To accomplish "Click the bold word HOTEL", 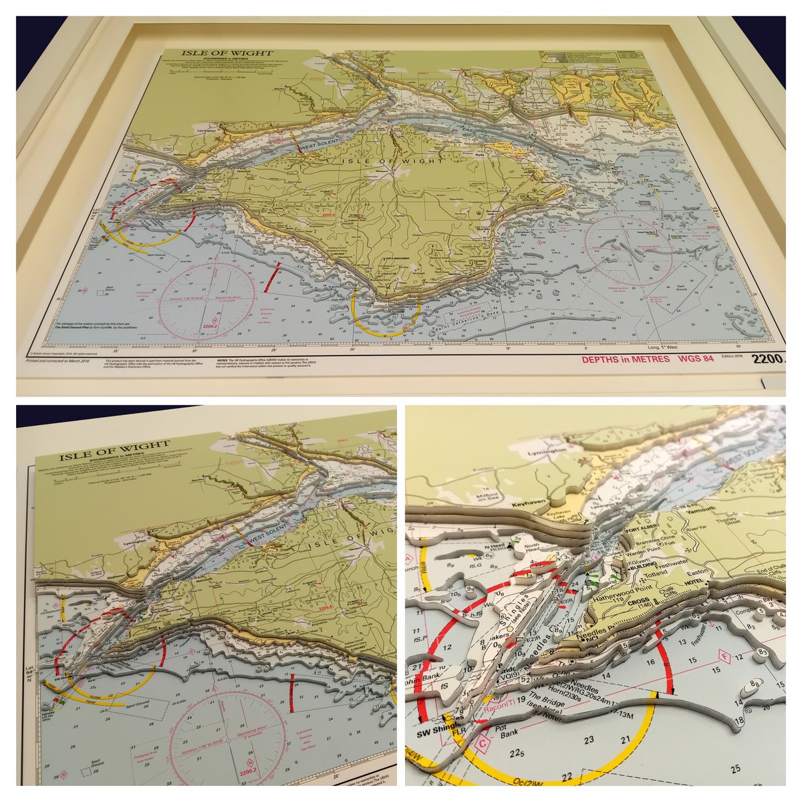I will click(x=688, y=582).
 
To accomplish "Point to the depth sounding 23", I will click(x=589, y=740).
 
